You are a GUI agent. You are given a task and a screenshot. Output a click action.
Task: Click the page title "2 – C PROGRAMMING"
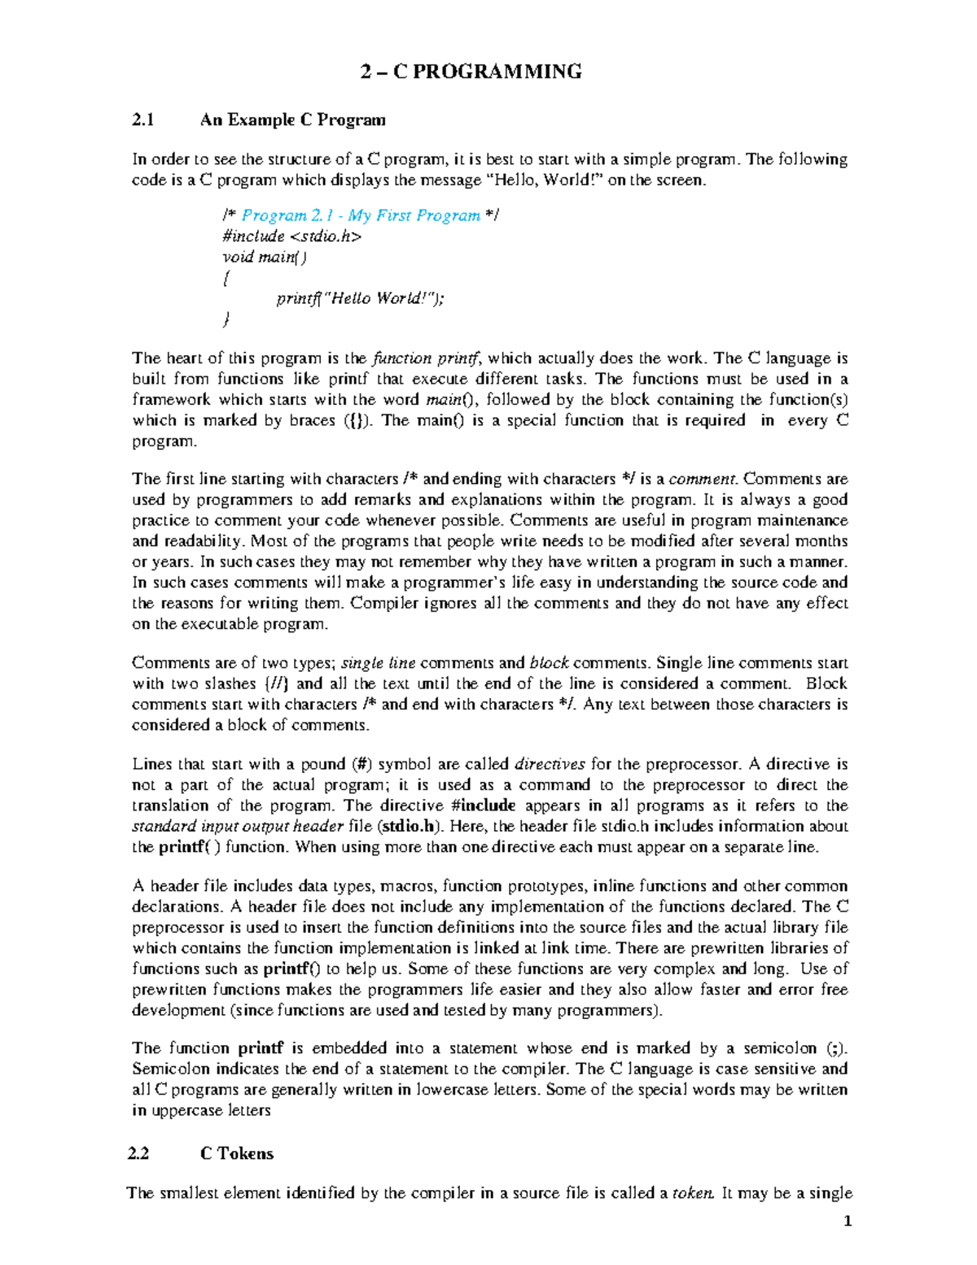pos(471,72)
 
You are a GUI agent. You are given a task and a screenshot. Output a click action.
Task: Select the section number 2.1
pos(143,121)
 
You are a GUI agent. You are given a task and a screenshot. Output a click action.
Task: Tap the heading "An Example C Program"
pos(293,121)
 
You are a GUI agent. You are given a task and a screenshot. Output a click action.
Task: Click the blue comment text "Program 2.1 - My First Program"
pos(361,216)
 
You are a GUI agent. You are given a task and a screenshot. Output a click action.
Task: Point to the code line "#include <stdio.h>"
pos(291,237)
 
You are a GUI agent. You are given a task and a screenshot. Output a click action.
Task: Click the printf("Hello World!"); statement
pos(361,299)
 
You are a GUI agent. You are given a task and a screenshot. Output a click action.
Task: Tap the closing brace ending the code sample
pos(226,320)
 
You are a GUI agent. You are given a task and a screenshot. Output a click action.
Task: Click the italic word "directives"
pos(550,764)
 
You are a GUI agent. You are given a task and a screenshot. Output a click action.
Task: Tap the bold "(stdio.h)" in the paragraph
pos(411,827)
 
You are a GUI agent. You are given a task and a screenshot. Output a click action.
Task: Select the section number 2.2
pos(139,1153)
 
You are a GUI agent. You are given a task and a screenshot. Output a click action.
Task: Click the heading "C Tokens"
pos(237,1153)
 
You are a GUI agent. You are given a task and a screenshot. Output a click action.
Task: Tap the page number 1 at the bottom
pos(848,1221)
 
